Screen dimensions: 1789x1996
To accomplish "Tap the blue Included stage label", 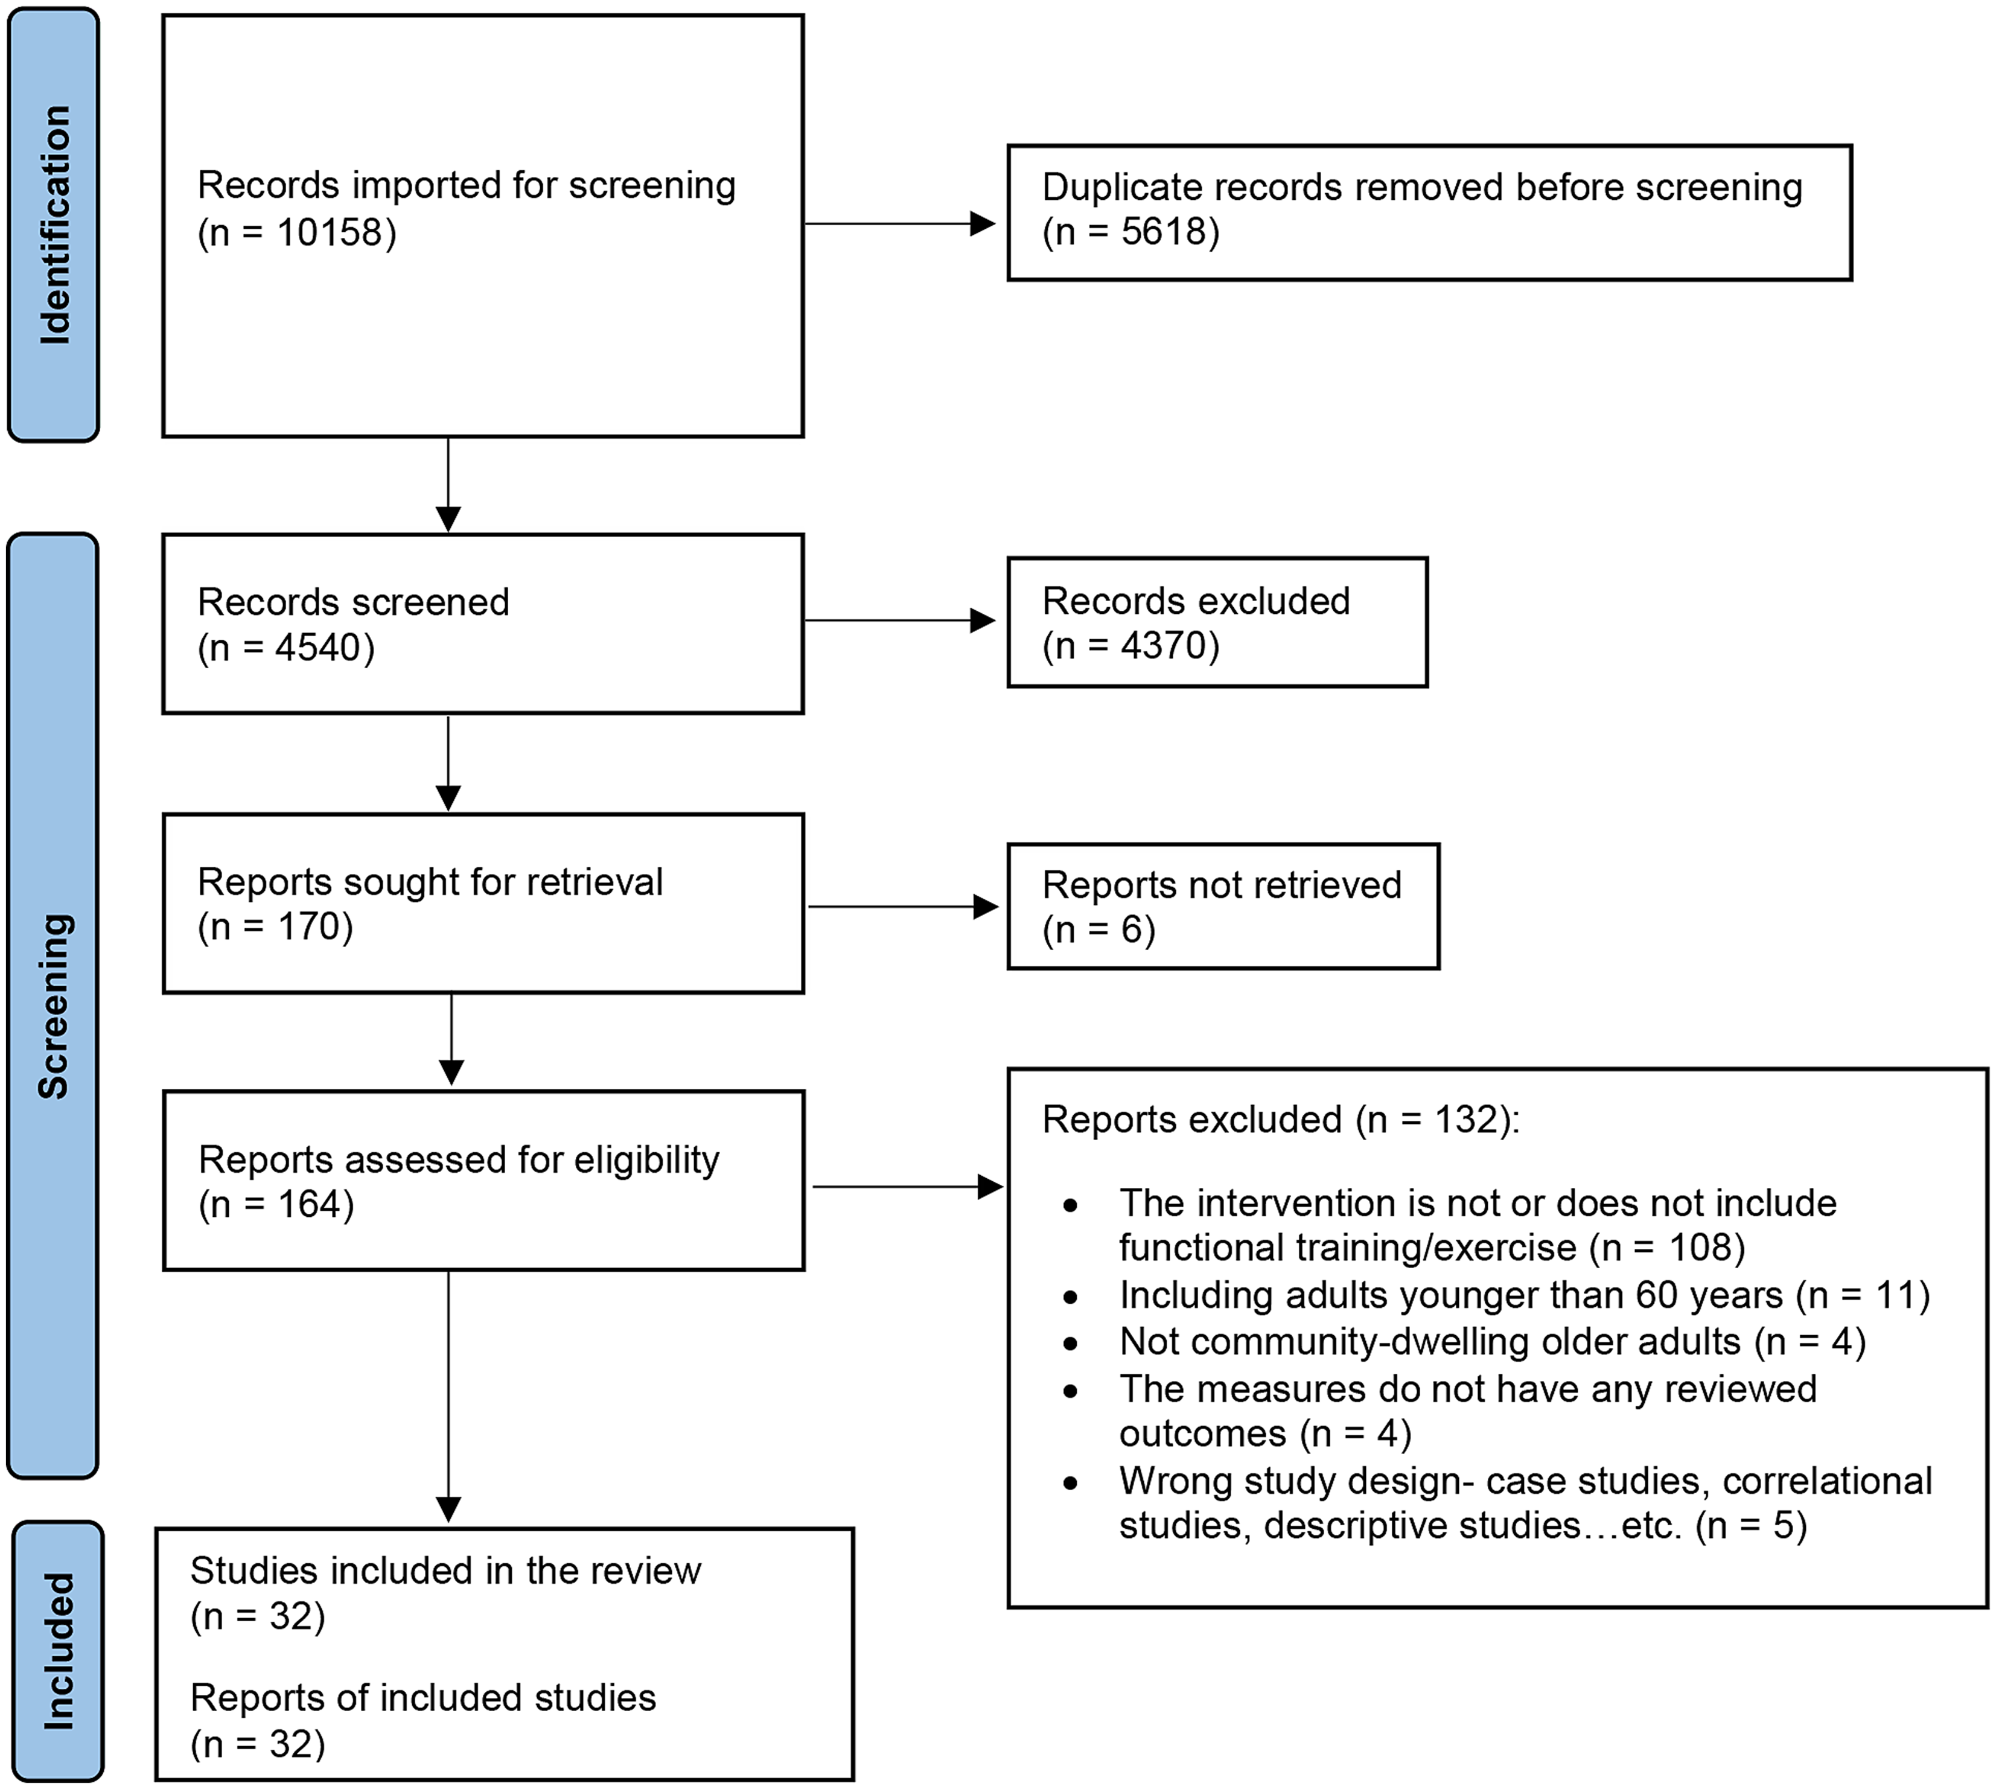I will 57,1651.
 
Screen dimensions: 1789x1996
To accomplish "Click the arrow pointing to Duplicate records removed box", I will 899,224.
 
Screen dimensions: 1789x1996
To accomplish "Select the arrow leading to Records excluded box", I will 899,620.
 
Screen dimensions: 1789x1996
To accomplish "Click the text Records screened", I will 353,602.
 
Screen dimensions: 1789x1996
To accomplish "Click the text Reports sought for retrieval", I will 430,882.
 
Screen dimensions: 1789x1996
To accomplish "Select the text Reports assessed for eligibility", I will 458,1160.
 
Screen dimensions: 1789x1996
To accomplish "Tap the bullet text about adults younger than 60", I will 1523,1295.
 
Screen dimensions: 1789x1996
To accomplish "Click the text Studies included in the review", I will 445,1571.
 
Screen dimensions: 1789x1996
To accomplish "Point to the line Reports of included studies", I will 422,1698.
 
